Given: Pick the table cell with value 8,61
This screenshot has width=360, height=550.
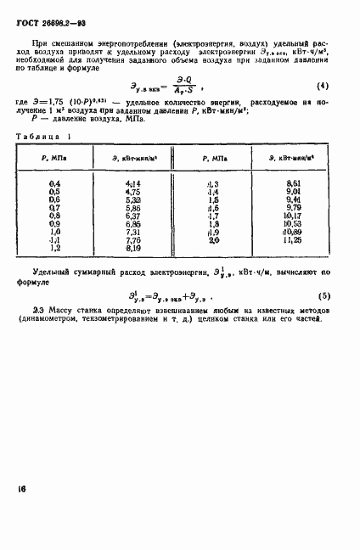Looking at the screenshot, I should click(x=294, y=184).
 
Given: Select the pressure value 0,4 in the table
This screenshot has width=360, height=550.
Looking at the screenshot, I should click(x=55, y=184).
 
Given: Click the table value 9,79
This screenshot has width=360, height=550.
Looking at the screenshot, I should click(x=294, y=208).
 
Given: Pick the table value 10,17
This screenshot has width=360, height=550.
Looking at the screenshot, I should click(x=294, y=216).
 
